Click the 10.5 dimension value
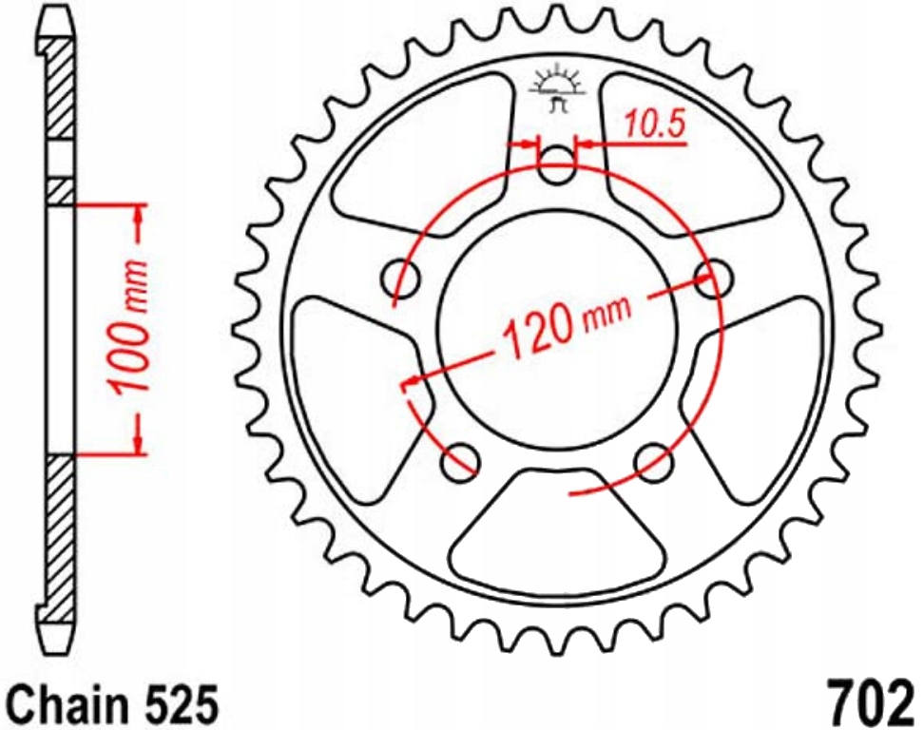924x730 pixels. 655,125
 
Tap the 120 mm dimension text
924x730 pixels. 565,328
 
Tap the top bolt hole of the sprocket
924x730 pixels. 557,165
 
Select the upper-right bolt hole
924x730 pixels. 713,277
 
